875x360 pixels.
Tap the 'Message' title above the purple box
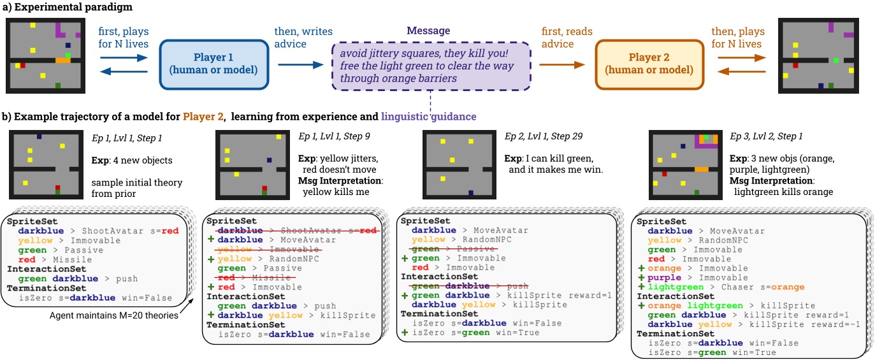pos(429,31)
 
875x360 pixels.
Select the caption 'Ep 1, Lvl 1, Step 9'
pos(342,136)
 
